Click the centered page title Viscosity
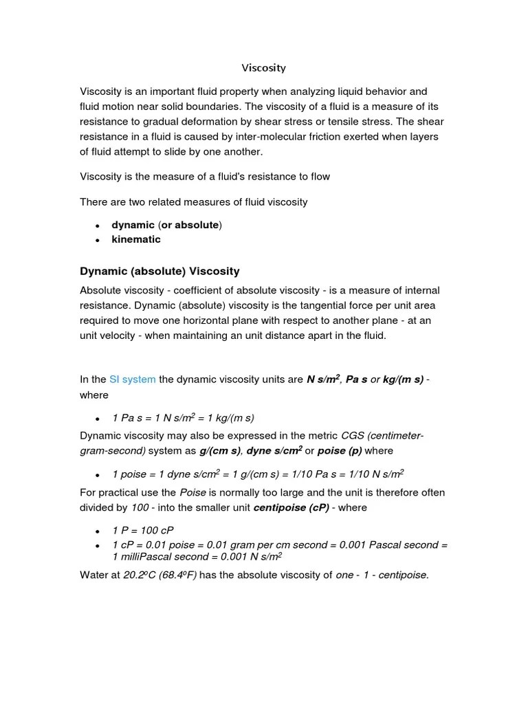click(x=263, y=68)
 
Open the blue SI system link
click(x=132, y=379)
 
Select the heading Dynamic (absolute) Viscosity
click(x=159, y=272)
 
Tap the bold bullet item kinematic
click(x=136, y=239)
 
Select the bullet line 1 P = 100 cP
click(x=143, y=531)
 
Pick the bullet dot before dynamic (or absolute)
click(x=98, y=225)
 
